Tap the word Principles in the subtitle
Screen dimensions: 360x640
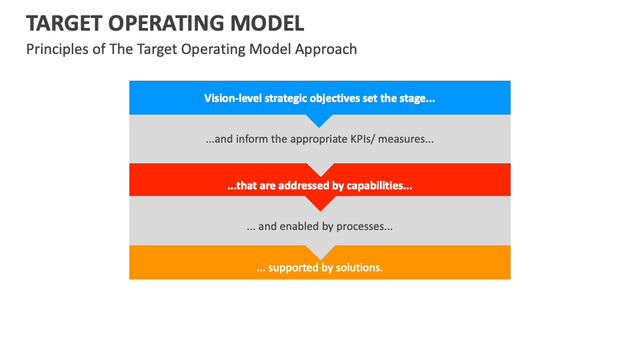point(56,49)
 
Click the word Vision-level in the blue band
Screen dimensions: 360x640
point(231,99)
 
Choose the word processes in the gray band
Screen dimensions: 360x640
point(364,227)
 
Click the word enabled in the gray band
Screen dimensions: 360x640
point(299,227)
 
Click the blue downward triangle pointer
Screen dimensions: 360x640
point(320,120)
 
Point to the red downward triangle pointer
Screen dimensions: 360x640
point(320,202)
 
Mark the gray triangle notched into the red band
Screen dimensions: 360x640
point(320,169)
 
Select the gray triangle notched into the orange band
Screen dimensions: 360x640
point(320,251)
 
